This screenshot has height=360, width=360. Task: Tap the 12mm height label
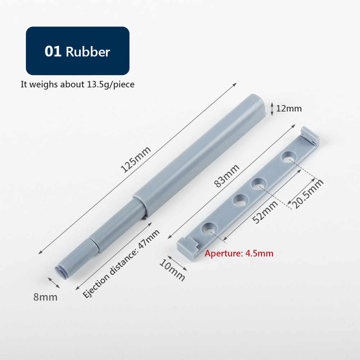coord(289,108)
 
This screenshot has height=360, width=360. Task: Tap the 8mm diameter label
coord(45,297)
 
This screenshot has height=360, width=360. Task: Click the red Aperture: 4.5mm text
coord(239,254)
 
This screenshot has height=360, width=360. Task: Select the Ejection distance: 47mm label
coord(121,264)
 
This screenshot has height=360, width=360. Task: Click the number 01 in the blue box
coord(53,51)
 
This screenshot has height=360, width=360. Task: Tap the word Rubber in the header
coord(88,52)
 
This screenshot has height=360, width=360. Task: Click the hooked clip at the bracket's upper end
coord(310,135)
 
